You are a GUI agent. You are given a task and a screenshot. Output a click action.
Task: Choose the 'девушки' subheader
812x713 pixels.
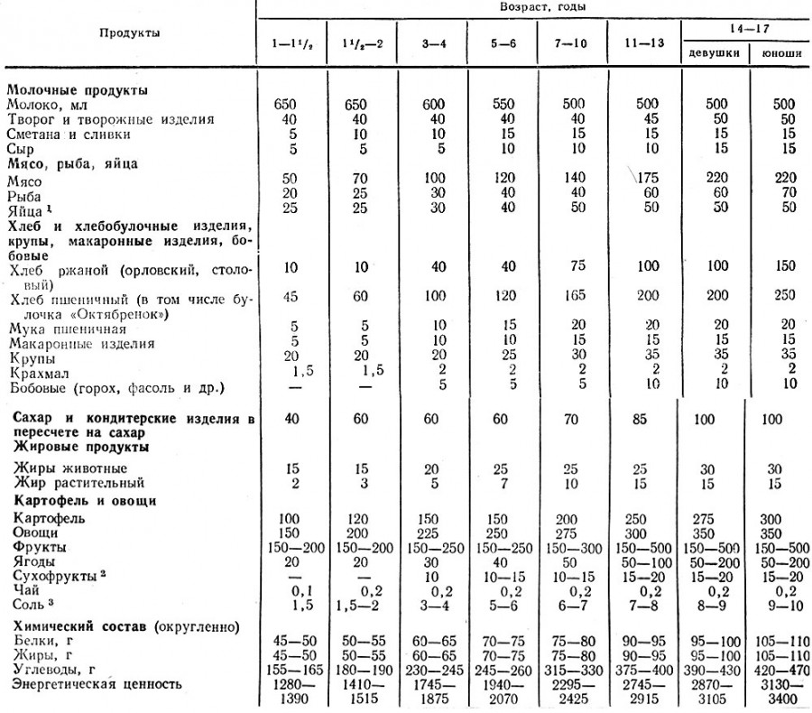tap(714, 53)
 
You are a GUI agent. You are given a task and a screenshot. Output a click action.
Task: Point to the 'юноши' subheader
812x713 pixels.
tap(780, 53)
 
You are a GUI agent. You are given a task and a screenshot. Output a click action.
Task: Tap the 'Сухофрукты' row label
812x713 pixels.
tap(54, 574)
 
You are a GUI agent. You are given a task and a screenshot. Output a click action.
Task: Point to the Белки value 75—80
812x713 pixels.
tap(570, 640)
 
